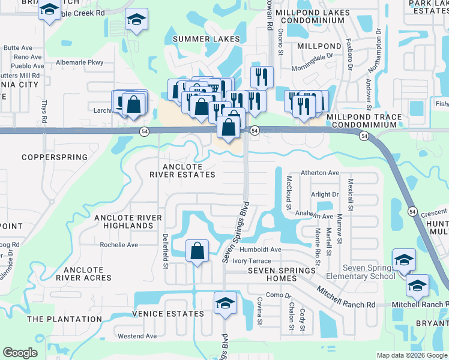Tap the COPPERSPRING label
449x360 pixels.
coord(55,157)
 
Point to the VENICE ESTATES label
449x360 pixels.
coord(169,314)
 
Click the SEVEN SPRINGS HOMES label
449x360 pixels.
coord(282,271)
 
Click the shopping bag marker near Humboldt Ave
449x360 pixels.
coord(197,251)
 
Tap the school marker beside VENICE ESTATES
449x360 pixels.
coord(225,303)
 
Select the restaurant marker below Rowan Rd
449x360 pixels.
coord(261,77)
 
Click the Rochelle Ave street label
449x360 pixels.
coord(119,245)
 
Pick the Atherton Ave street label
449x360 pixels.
coord(320,173)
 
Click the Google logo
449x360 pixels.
coord(20,353)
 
